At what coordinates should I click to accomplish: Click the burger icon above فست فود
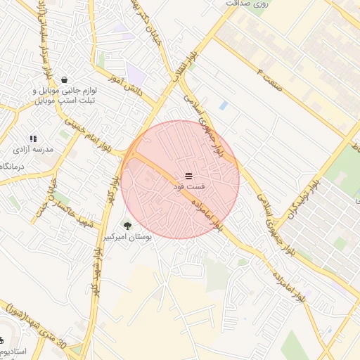pos(188,176)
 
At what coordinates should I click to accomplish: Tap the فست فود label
pos(188,188)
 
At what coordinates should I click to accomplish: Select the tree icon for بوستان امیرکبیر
pos(127,226)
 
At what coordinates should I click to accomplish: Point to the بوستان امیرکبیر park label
pos(127,238)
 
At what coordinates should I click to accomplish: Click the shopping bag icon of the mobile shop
pos(65,79)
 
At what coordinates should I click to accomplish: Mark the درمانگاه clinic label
pos(8,166)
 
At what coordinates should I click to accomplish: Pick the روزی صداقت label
pos(247,4)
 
